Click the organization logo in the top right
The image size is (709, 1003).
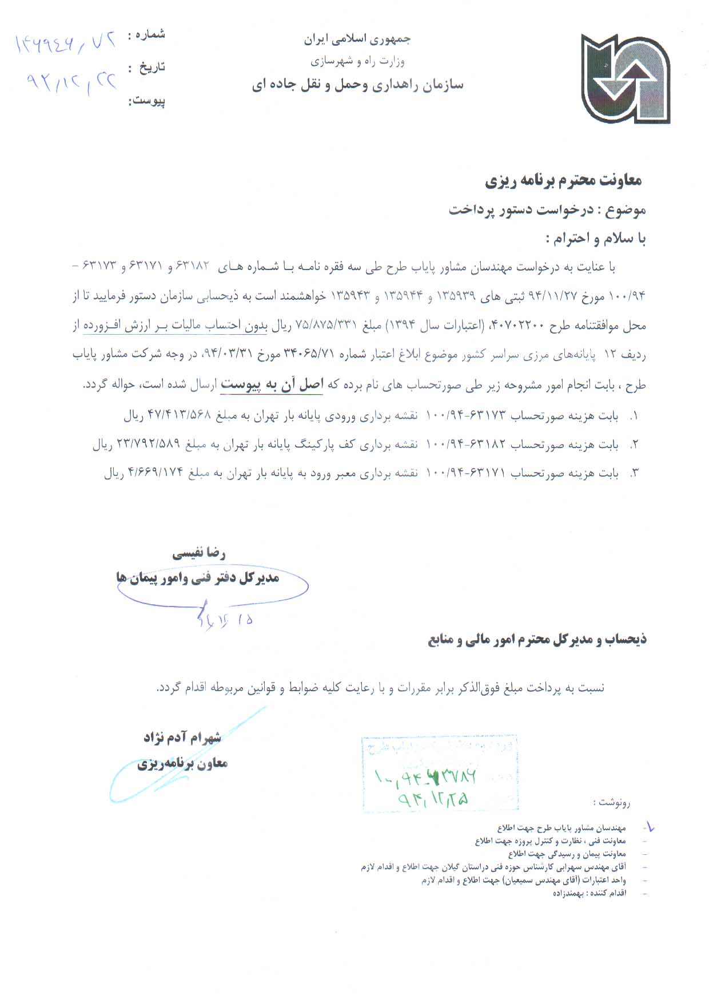pos(625,79)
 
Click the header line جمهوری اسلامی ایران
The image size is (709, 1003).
pos(357,39)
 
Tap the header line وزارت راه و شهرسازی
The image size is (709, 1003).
pos(357,61)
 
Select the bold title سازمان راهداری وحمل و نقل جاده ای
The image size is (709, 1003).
pos(357,85)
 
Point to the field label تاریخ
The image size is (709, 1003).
pos(151,68)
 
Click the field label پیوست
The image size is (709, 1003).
pos(147,101)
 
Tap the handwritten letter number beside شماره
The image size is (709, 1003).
pos(65,43)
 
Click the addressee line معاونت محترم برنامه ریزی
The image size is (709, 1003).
pos(564,181)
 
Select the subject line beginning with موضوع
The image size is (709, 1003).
pos(547,210)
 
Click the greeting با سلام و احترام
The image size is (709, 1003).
pos(596,239)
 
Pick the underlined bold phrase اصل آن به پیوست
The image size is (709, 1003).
pos(272,384)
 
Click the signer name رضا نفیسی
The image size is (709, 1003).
pos(199,553)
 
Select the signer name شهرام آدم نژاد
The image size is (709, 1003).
pos(182,738)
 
